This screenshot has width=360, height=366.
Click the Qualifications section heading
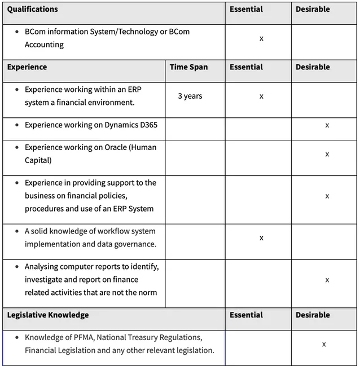[x=32, y=9]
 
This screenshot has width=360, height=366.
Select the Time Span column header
[x=188, y=67]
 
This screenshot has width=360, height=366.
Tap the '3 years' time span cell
[x=190, y=96]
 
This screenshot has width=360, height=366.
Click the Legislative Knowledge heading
[x=48, y=315]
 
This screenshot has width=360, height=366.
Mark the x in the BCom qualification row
[x=261, y=38]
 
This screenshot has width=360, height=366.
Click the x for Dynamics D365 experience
[x=327, y=125]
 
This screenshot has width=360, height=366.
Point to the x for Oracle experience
[x=327, y=154]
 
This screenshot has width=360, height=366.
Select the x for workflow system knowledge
[x=261, y=238]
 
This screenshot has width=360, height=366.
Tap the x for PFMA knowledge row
[x=324, y=344]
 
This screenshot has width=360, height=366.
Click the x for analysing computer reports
[x=327, y=280]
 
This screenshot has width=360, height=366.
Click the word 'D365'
[x=146, y=125]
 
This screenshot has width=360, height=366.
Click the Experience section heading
[x=27, y=67]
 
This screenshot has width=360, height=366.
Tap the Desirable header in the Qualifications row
[x=313, y=9]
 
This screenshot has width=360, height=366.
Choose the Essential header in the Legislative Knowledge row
[x=246, y=315]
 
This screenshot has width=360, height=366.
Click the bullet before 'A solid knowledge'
[x=17, y=231]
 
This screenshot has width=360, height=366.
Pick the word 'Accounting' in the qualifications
[x=44, y=45]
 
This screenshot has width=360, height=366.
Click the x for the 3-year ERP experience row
[x=261, y=96]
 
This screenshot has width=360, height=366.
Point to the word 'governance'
[x=135, y=244]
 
